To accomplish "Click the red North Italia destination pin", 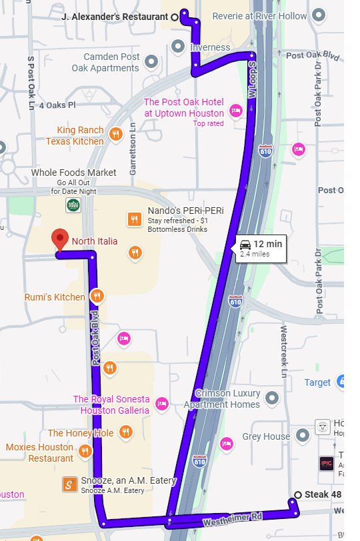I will pos(61,239).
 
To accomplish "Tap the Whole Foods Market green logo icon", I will pos(73,205).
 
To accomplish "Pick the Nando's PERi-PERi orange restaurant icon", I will pos(134,219).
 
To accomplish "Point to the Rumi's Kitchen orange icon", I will pos(97,296).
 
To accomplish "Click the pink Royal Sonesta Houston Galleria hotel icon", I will pos(161,404).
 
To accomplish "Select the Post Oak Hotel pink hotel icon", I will pos(235,111).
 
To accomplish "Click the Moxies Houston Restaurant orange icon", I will pos(85,452).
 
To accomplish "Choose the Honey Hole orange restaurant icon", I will pos(125,433).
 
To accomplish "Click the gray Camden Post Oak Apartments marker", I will pos(151,62).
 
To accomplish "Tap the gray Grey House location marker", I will pos(303,436).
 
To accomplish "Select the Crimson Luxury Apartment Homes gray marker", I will pos(271,398).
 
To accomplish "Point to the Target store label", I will pos(317,382).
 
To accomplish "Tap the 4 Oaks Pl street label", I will pos(58,105).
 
